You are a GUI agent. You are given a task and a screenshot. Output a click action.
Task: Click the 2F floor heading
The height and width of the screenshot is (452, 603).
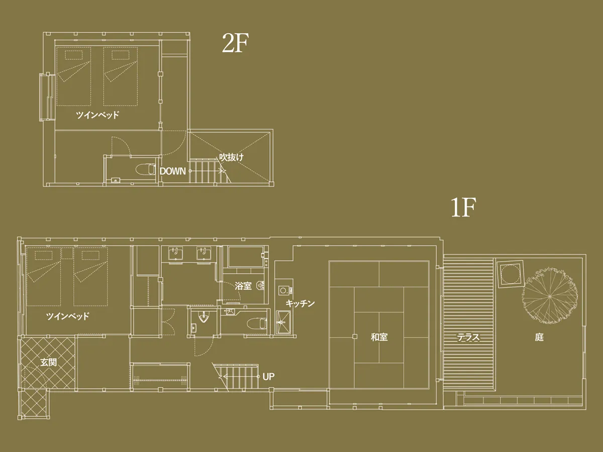coord(235,43)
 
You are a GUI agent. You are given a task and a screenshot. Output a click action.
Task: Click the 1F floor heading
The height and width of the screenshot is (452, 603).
coord(463,207)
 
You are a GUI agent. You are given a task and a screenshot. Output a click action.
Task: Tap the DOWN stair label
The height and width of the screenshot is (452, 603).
coord(172,171)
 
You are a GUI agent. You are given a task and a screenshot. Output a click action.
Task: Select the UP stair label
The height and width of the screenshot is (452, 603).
coord(268,377)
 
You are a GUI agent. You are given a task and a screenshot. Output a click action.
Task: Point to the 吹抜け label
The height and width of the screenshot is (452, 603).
coord(231,157)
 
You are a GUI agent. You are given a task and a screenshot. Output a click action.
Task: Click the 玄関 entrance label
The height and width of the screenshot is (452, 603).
coord(48,363)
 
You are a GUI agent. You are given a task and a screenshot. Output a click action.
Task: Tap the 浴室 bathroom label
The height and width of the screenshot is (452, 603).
coord(243,286)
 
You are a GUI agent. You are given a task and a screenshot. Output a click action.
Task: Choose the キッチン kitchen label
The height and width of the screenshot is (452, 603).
coord(300,303)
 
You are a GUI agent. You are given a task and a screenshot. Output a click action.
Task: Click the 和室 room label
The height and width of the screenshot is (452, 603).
coord(379,337)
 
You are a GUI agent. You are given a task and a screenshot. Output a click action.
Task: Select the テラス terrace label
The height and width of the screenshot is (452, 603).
coord(468,337)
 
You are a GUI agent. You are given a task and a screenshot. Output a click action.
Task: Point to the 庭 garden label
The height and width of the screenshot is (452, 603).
coord(539,337)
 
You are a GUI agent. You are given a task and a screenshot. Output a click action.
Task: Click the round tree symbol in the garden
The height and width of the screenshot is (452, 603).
coord(549,296)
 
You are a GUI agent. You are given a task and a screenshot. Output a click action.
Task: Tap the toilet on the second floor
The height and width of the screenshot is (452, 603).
coord(146,169)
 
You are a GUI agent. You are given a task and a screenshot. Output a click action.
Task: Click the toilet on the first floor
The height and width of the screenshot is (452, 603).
coord(257,323)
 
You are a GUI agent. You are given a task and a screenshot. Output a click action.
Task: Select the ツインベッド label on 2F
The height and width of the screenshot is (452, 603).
coord(98,115)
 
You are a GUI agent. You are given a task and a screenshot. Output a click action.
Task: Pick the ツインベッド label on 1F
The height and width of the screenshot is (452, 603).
coord(68,316)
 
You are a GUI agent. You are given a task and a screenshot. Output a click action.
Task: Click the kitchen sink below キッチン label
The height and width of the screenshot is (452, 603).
coord(283,322)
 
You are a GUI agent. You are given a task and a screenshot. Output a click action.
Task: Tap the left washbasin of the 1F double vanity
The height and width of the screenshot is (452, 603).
coord(175,253)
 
